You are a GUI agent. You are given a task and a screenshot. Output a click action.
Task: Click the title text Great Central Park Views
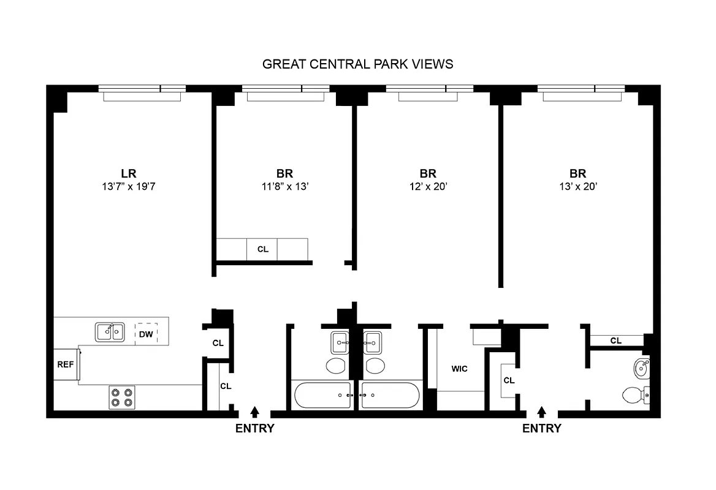coord(357,64)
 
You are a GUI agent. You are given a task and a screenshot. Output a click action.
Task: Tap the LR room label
coord(128,173)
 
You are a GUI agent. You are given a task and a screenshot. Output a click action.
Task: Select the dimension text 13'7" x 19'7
coord(128,186)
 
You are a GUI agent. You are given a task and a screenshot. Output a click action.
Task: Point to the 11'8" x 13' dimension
coord(284,186)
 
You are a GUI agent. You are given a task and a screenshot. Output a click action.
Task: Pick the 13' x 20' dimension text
coord(577,186)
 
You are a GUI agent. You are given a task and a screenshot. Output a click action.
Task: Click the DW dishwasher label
coord(146,334)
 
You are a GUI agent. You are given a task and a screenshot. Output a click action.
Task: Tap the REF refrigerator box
coord(66,364)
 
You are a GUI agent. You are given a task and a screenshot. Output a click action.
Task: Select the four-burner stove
coord(121,397)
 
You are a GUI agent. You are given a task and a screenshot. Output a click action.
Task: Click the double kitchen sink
coord(110,332)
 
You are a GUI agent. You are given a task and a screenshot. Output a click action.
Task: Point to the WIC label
coord(459,369)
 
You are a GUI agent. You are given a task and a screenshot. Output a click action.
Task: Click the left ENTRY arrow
coord(255,412)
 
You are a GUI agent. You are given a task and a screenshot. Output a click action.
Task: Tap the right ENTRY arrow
coord(541,412)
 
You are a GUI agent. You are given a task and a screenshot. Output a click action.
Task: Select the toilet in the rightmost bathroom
coord(633,395)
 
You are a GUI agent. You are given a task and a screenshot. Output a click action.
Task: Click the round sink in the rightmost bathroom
coord(641,368)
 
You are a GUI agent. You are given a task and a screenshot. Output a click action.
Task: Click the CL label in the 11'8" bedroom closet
coord(262,249)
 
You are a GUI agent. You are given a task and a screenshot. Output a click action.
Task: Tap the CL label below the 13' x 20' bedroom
coord(616,341)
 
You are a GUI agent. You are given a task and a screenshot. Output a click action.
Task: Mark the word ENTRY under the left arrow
coord(255,429)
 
